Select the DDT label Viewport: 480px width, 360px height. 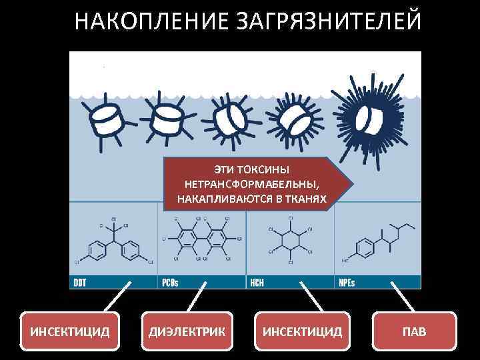[x=80, y=283]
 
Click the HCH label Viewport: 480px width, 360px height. [x=257, y=283]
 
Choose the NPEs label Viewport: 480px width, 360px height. [x=346, y=283]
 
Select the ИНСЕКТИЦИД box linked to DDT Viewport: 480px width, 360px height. [x=70, y=331]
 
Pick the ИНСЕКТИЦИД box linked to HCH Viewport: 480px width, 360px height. [x=303, y=331]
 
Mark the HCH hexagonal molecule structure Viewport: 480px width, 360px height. [x=291, y=241]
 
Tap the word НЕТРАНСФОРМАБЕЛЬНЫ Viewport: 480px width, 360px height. [x=252, y=184]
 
